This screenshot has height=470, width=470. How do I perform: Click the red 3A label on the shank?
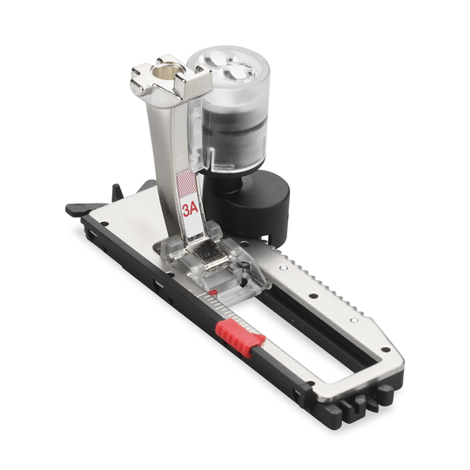(x=191, y=210)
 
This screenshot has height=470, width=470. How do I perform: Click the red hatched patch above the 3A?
(x=186, y=184)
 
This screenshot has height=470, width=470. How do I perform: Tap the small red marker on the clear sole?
(x=212, y=292)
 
